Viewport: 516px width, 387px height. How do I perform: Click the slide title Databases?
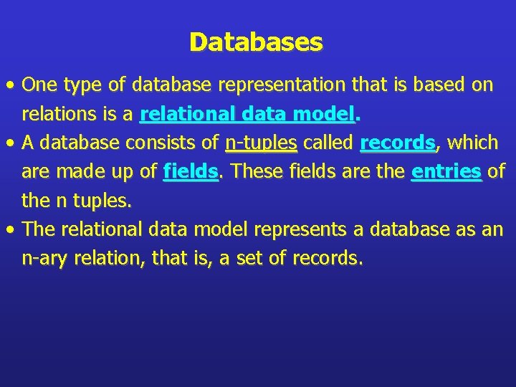pyautogui.click(x=257, y=42)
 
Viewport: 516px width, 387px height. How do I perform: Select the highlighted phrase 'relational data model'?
pyautogui.click(x=248, y=114)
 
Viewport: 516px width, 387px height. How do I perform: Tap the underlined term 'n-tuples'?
pyautogui.click(x=261, y=143)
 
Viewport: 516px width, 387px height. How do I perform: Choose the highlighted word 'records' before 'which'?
pyautogui.click(x=398, y=143)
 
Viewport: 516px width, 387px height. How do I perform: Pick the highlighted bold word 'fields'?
pyautogui.click(x=191, y=172)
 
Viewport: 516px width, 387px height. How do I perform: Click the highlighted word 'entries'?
pyautogui.click(x=446, y=172)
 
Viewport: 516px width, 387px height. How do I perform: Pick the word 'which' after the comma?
pyautogui.click(x=472, y=143)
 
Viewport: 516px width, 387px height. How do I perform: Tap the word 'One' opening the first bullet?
pyautogui.click(x=40, y=85)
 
